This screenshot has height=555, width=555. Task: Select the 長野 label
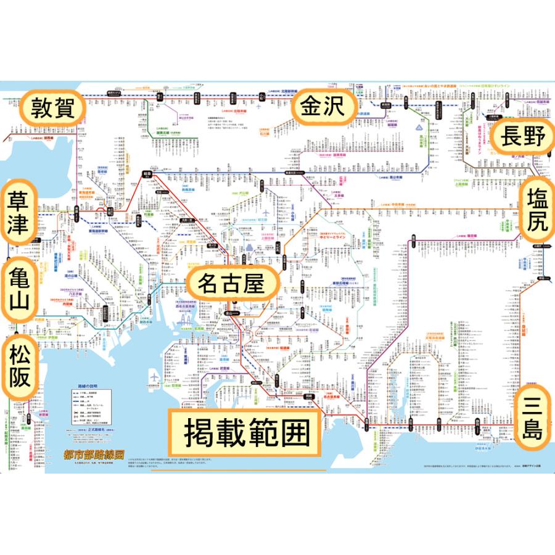coord(523,138)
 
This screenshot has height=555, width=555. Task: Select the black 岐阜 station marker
coord(147,174)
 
